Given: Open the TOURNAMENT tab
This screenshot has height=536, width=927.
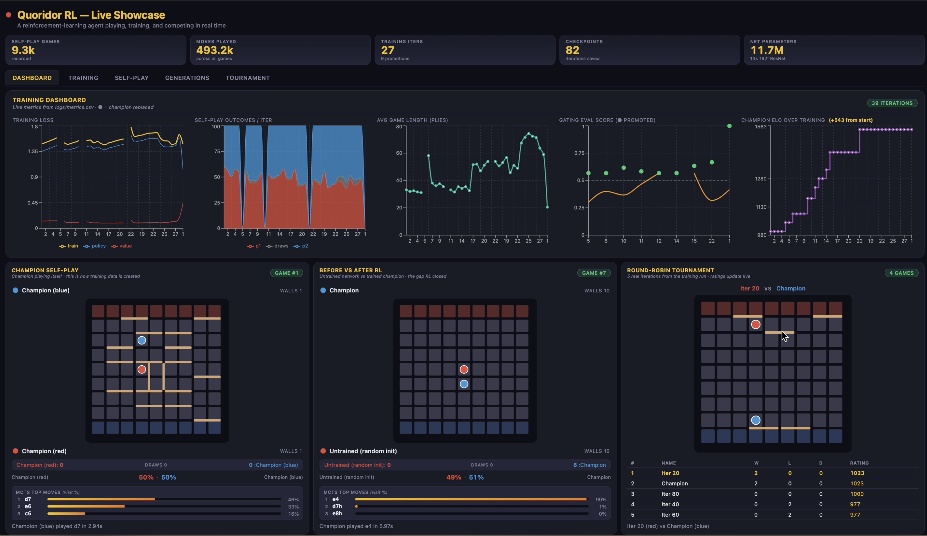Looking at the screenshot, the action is (x=248, y=78).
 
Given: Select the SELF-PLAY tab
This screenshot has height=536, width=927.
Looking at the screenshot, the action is (x=132, y=78).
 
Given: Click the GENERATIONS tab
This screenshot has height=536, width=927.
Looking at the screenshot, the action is (x=187, y=78).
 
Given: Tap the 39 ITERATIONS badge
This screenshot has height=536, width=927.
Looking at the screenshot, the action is (x=892, y=103).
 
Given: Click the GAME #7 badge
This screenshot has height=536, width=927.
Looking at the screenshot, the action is (x=594, y=273).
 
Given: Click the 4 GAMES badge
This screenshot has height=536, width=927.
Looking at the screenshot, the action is (x=901, y=273).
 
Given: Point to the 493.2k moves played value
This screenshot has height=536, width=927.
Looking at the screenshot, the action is (x=215, y=50).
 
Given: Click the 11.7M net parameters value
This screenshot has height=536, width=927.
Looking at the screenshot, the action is (x=767, y=50).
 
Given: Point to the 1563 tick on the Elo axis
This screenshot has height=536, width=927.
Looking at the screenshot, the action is (x=761, y=127).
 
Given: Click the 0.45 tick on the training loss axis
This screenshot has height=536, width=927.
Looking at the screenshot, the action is (x=32, y=203).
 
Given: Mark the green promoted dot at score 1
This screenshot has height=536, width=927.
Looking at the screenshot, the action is (x=729, y=126).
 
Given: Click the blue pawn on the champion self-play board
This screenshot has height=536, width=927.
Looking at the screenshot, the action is (x=142, y=340).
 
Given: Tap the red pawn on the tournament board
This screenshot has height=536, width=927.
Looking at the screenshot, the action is (x=756, y=324).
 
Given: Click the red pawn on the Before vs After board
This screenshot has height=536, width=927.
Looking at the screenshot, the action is (x=464, y=369).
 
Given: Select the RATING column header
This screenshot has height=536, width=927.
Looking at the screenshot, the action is (x=859, y=463).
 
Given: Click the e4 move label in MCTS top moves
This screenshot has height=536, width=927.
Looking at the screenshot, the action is (x=336, y=499).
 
